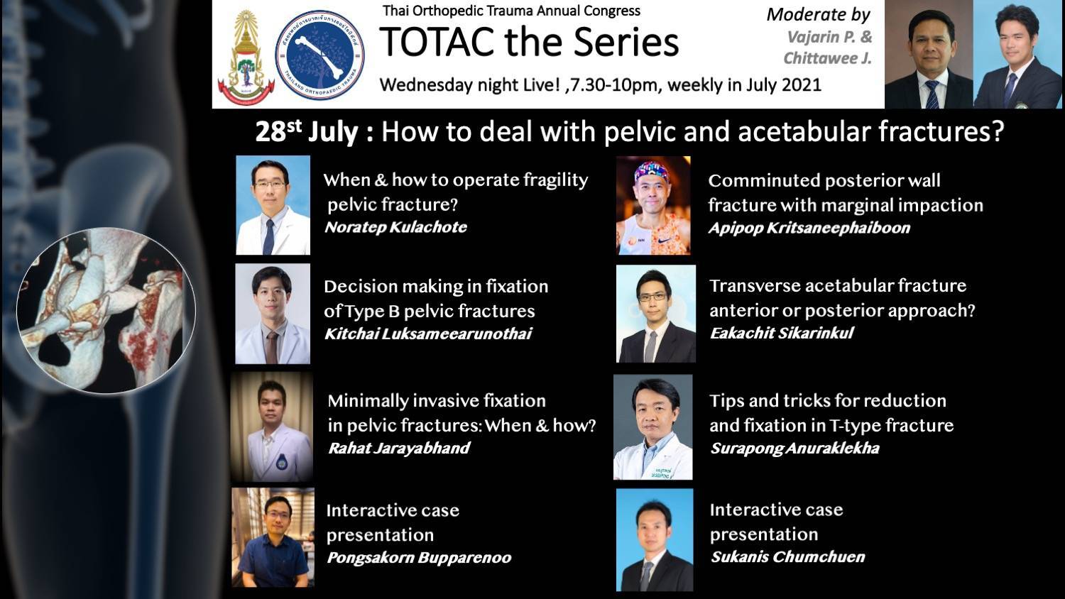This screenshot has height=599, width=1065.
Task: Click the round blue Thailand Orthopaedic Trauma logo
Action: pyautogui.click(x=319, y=55)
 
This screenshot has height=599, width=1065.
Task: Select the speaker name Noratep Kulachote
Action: pyautogui.click(x=395, y=227)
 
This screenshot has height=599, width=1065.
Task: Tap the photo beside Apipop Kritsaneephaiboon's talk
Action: pyautogui.click(x=653, y=205)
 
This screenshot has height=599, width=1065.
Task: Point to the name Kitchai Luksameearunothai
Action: pyautogui.click(x=428, y=334)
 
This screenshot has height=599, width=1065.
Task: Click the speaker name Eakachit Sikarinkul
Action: pyautogui.click(x=782, y=333)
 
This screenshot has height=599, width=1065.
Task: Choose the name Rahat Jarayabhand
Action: pyautogui.click(x=399, y=448)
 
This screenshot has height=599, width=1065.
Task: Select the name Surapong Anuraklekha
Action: pyautogui.click(x=794, y=448)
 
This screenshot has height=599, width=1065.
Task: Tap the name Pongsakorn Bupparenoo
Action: pyautogui.click(x=419, y=557)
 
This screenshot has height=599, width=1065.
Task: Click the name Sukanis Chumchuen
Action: pyautogui.click(x=788, y=556)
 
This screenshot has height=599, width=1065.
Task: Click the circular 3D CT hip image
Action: pyautogui.click(x=106, y=310)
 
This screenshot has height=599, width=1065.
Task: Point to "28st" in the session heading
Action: pyautogui.click(x=278, y=131)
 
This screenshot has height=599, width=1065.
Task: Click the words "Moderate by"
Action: pyautogui.click(x=818, y=15)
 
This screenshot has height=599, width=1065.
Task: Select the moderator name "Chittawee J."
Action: pyautogui.click(x=827, y=58)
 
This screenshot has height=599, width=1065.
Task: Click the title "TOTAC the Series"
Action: pyautogui.click(x=529, y=42)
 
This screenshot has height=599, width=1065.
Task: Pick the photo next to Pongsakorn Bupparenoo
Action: pyautogui.click(x=273, y=537)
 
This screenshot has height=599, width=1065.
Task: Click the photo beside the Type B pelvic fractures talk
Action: pyautogui.click(x=273, y=314)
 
